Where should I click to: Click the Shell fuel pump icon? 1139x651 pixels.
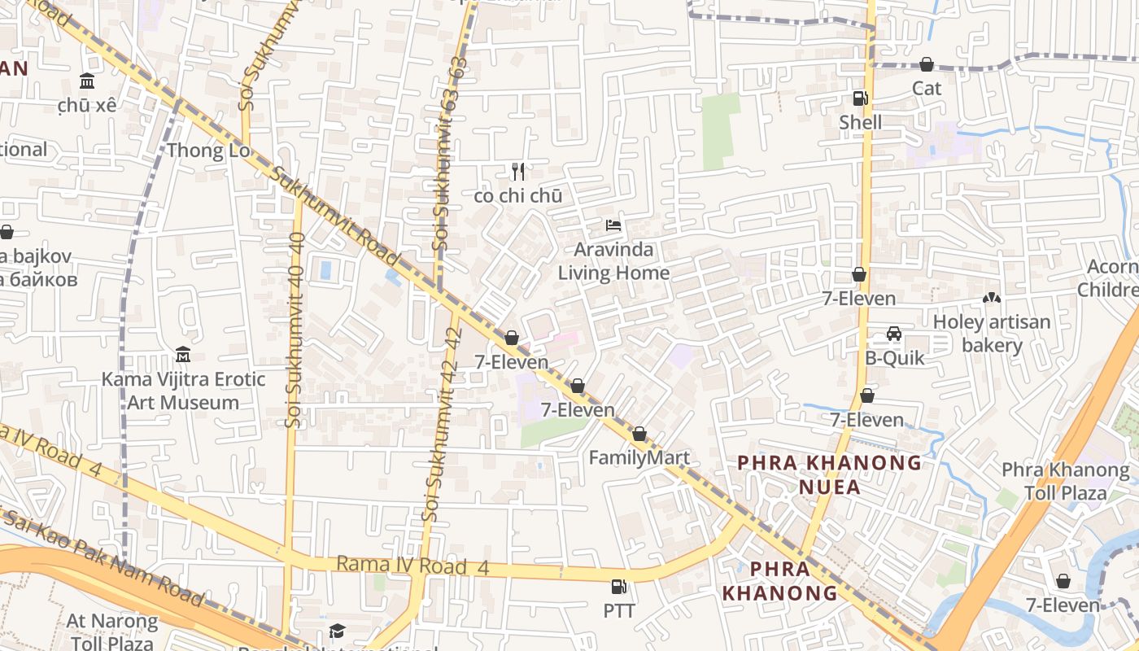point(860,98)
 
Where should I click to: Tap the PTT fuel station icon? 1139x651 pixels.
point(619,586)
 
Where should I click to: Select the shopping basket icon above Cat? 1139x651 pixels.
point(926,64)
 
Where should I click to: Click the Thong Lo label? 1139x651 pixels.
point(207,151)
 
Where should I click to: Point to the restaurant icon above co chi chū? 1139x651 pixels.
point(518,172)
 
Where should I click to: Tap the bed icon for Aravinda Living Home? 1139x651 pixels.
point(613,225)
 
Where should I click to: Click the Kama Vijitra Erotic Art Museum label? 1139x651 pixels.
point(183,391)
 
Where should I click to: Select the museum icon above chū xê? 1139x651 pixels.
point(87,81)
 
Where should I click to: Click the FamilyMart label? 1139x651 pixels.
point(639,457)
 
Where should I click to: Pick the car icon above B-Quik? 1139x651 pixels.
point(893,334)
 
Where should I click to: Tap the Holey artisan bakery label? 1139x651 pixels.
point(992,333)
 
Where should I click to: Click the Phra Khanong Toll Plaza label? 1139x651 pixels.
point(1065,481)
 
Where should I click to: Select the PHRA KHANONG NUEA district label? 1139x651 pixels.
point(829,474)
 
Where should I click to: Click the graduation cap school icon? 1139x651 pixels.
point(337,631)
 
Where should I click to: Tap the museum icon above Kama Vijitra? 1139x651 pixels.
point(183,355)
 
